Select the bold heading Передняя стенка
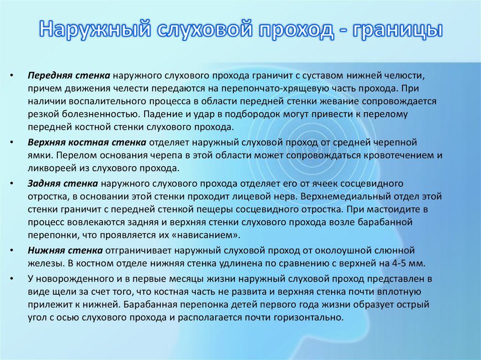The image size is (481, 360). (69, 75)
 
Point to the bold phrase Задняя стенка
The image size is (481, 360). (62, 183)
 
